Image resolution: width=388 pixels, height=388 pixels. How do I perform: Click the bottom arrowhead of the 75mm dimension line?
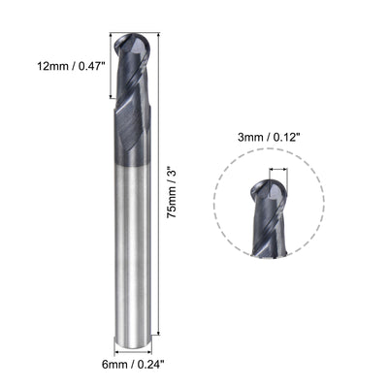point(159,341)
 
